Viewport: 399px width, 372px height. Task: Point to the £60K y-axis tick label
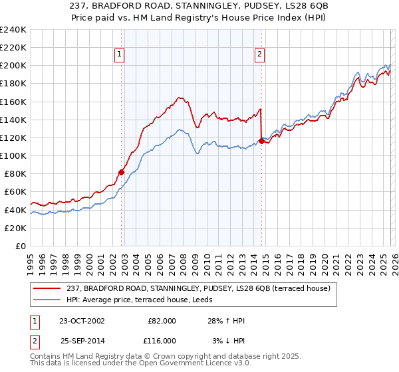pos(15,192)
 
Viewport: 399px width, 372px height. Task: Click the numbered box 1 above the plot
pos(120,55)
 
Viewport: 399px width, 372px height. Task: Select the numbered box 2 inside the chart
pos(259,55)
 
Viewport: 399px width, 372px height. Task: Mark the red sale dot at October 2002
pos(121,172)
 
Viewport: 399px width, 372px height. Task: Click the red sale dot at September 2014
pos(261,141)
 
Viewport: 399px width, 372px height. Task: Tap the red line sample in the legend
pos(47,288)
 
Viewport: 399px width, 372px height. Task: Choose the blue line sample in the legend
pos(47,300)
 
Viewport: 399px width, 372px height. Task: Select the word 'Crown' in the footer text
pos(180,356)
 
